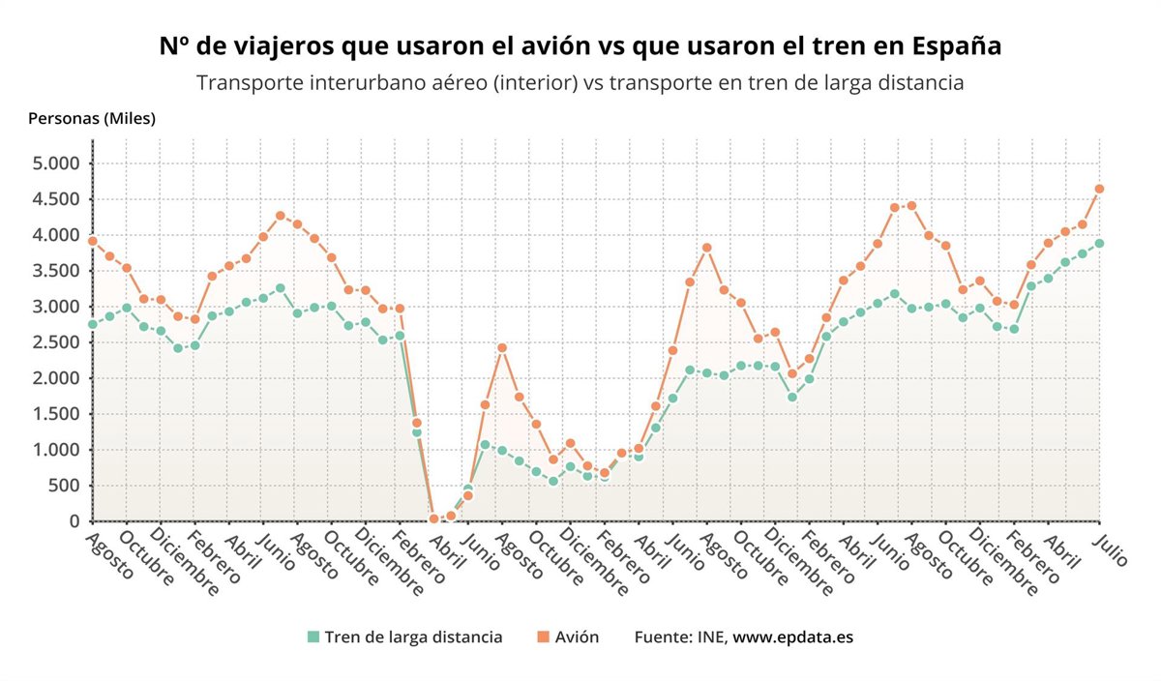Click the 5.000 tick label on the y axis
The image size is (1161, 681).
[x=55, y=163]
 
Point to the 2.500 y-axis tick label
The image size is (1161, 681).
[x=55, y=342]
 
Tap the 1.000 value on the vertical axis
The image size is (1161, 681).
[x=55, y=450]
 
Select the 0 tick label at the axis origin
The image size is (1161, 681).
[x=74, y=521]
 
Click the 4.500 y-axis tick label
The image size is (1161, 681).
[x=55, y=199]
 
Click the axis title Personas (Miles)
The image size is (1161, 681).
[x=92, y=118]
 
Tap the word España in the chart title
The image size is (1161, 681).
[x=958, y=46]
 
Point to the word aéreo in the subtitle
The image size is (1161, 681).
[x=457, y=82]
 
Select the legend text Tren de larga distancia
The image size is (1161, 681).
[x=413, y=637]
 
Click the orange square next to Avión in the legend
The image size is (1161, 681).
[x=542, y=637]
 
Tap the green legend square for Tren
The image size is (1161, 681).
[x=313, y=637]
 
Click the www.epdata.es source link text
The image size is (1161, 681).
[x=792, y=637]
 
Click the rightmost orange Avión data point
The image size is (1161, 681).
[x=1099, y=189]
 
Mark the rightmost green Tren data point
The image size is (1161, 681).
[x=1099, y=243]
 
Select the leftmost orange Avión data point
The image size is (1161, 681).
[x=93, y=241]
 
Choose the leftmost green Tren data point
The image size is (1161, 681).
[x=93, y=324]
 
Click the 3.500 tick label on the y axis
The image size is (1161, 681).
[x=55, y=271]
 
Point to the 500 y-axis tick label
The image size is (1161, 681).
[x=61, y=486]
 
